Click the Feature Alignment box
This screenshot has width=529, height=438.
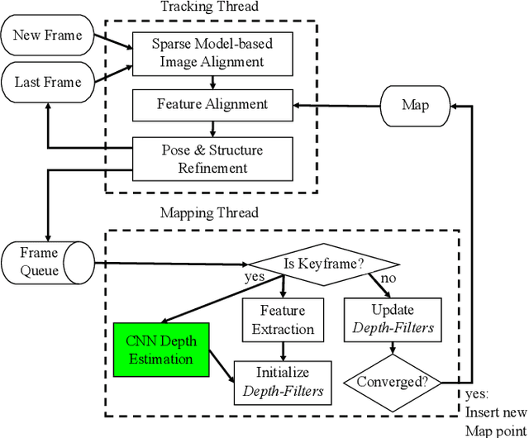coord(212,105)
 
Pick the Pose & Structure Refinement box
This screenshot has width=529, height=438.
coord(212,158)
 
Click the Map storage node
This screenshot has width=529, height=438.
coord(416,105)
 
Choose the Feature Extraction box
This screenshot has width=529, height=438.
coord(277,320)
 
